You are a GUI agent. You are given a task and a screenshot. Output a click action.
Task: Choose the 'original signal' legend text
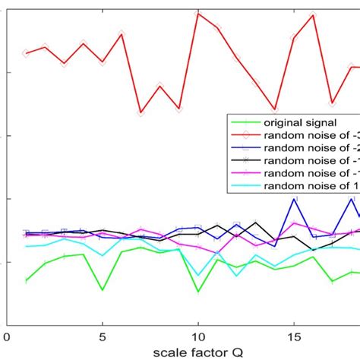(300, 122)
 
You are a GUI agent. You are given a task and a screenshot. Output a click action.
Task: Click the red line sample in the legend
(245, 134)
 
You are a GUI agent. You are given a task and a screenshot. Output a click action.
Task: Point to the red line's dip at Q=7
(141, 112)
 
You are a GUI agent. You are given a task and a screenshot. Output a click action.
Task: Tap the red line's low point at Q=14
(275, 110)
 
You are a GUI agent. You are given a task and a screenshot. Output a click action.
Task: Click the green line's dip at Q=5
(103, 289)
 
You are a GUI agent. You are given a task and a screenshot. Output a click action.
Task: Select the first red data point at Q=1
(27, 52)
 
